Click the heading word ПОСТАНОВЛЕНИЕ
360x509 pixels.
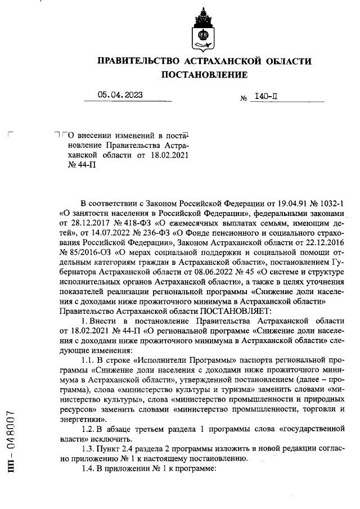[x=204, y=75]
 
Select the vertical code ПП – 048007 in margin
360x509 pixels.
[x=11, y=444]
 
